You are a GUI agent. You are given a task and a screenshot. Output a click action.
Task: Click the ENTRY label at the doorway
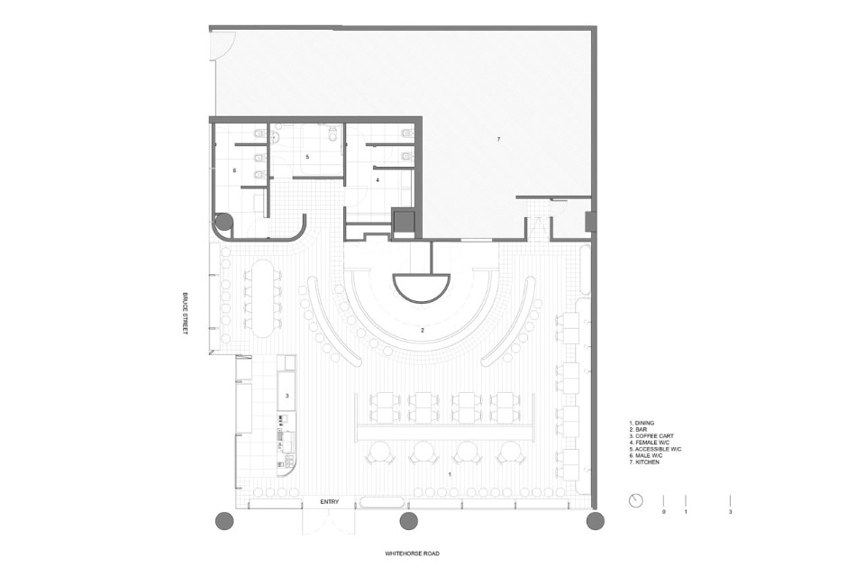[330, 502]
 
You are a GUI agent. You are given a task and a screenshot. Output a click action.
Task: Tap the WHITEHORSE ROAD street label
[412, 553]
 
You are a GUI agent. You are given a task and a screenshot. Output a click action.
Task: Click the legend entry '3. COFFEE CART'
[651, 436]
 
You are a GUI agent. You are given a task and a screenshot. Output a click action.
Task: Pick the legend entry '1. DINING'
[641, 423]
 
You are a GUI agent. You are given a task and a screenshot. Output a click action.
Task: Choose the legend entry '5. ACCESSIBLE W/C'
[655, 449]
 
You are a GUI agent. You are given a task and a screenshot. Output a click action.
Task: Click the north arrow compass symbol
[635, 501]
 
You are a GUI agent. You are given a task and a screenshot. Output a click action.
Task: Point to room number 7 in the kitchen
[498, 140]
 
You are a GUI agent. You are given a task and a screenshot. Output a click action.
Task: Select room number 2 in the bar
[423, 331]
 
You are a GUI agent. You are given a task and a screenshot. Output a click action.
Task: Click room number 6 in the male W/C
[234, 171]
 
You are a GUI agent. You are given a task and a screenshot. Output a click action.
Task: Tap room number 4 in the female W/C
[378, 180]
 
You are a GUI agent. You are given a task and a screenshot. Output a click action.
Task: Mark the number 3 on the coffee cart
[287, 396]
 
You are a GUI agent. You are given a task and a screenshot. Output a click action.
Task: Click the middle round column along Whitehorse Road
[408, 520]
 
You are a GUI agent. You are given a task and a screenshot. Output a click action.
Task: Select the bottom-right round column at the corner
[596, 520]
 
